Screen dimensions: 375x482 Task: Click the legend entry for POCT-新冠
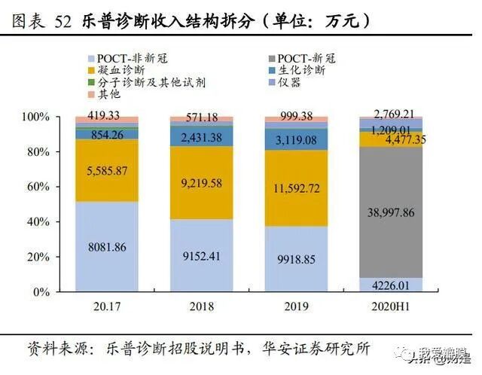click(306, 58)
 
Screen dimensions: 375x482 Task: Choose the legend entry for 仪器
click(289, 82)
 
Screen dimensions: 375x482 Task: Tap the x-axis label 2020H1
click(390, 306)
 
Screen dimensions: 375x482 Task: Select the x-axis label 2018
click(200, 306)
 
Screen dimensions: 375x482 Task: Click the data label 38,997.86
click(389, 212)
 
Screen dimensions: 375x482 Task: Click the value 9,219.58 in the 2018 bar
click(200, 183)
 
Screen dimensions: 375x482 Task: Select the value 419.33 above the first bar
click(106, 115)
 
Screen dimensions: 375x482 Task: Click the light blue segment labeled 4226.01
click(389, 284)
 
